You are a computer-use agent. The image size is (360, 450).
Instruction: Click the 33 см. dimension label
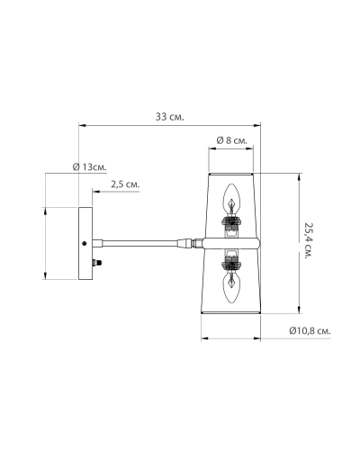click(169, 117)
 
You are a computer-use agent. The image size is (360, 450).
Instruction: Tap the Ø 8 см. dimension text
click(231, 140)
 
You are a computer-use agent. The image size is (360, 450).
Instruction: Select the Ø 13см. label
click(90, 166)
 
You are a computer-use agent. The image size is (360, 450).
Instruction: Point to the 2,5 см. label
click(125, 184)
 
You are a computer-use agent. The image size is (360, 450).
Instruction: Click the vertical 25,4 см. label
click(309, 241)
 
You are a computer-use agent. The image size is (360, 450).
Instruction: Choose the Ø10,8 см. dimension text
click(310, 330)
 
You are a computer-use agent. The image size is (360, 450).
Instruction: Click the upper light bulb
click(232, 199)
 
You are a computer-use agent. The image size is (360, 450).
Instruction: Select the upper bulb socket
click(231, 222)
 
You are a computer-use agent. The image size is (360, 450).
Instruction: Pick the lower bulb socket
click(231, 264)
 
